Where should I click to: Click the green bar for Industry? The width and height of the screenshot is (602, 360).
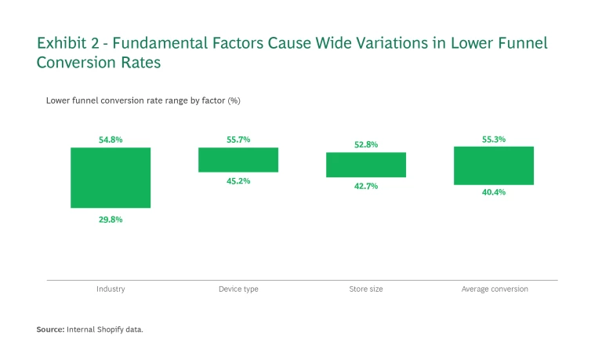[x=111, y=178]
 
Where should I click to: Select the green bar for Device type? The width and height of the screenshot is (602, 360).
[x=238, y=160]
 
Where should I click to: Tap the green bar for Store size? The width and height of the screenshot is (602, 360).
[x=366, y=165]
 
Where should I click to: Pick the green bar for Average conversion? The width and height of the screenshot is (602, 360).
[x=494, y=165]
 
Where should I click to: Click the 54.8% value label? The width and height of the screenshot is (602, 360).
[x=111, y=140]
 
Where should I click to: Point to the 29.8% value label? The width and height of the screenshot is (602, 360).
[x=111, y=220]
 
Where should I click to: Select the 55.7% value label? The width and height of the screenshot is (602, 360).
[x=238, y=140]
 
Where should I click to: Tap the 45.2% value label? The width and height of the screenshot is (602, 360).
[x=238, y=181]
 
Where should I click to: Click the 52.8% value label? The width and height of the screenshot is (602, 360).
[x=366, y=144]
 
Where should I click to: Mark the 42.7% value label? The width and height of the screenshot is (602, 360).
[x=366, y=186]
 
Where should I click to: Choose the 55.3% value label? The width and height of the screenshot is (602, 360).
[x=494, y=139]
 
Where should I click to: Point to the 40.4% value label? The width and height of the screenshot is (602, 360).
[x=494, y=192]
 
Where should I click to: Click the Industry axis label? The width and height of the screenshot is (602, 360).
[x=111, y=289]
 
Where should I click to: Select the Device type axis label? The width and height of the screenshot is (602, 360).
[x=238, y=289]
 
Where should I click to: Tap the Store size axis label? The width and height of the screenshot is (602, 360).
[x=366, y=289]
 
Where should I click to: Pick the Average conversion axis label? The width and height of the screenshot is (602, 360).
[x=494, y=289]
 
